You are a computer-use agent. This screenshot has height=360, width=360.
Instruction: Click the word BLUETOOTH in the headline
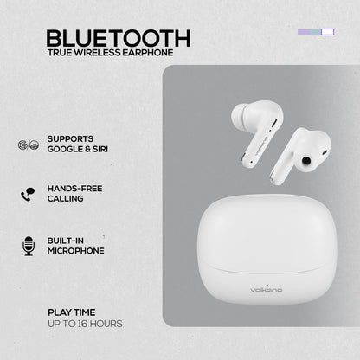[x=119, y=39]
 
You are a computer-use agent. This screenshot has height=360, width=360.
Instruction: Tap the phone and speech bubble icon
[x=28, y=193]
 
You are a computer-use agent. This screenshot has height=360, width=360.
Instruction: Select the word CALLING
[x=67, y=199]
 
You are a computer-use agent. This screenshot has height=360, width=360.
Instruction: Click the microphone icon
[x=28, y=245]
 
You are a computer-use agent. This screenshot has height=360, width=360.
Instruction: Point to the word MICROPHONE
[x=77, y=251]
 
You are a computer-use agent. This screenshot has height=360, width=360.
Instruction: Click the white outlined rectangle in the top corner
[x=326, y=33]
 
